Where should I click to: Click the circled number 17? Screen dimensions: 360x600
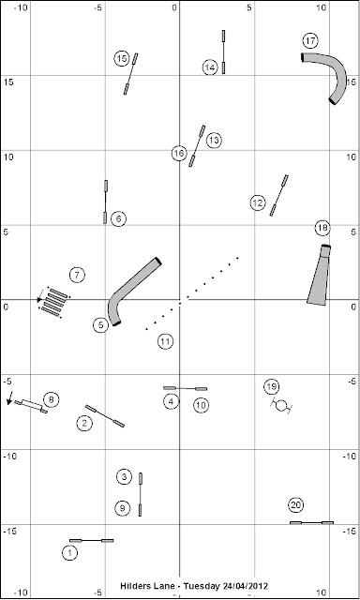(x=310, y=41)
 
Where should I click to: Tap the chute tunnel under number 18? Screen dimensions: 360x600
(x=319, y=275)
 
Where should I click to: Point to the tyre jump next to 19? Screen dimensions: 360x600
(x=281, y=405)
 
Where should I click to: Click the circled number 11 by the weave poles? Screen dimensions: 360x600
(x=165, y=341)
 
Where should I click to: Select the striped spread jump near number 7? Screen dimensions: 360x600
(x=53, y=302)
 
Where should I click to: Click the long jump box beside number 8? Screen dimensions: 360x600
(x=31, y=406)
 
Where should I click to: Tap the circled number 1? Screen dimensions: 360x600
(x=69, y=553)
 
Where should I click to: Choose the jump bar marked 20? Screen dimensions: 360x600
(x=311, y=522)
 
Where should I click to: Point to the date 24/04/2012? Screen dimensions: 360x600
(x=245, y=586)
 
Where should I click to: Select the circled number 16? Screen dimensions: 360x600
(x=179, y=154)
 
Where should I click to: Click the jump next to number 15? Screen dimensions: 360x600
(x=130, y=74)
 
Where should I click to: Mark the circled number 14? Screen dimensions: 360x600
(x=210, y=67)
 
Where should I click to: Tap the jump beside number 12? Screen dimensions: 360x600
(x=278, y=196)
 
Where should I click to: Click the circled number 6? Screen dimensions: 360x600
(x=118, y=218)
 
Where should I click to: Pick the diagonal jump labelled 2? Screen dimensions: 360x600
(x=104, y=416)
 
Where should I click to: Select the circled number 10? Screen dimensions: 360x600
(x=201, y=405)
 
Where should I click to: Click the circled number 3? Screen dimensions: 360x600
(x=124, y=477)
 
